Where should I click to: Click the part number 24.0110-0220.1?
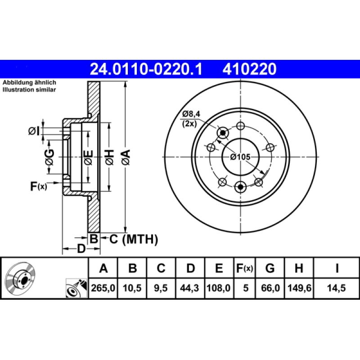[x=147, y=69]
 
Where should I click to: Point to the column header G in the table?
[x=270, y=269]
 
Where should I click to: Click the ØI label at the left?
[x=34, y=131]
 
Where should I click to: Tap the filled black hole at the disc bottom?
[x=240, y=186]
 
